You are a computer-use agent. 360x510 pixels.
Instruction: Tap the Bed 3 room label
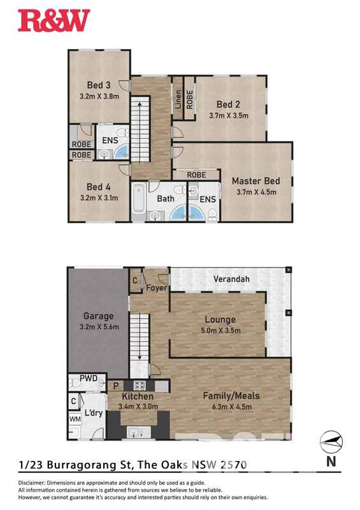tap(99, 85)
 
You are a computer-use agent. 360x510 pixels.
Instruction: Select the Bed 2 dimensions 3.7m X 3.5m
tap(229, 116)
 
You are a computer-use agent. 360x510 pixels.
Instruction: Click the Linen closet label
tap(178, 100)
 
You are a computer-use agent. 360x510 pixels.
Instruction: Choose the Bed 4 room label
tap(99, 187)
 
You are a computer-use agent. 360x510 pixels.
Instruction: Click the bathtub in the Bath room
tap(138, 203)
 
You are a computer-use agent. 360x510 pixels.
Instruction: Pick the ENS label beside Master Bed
tap(208, 200)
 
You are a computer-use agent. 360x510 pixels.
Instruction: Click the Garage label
tap(99, 316)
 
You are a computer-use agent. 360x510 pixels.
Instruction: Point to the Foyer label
tap(156, 288)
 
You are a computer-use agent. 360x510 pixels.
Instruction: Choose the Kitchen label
tap(136, 397)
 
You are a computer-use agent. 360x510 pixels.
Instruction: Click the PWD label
tap(89, 379)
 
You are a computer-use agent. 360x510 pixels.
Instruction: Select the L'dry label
tap(94, 413)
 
